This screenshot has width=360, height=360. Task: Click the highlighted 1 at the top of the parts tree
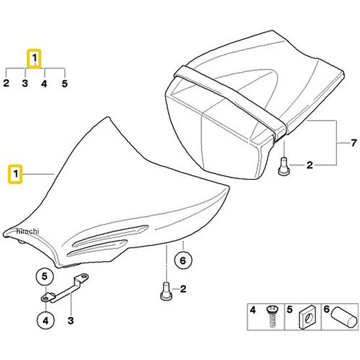(x=34, y=58)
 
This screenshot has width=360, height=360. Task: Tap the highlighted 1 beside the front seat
(x=16, y=174)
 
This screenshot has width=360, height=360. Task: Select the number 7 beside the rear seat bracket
(x=353, y=143)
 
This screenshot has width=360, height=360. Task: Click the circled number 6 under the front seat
(x=183, y=260)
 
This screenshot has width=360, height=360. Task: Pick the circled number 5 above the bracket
(x=45, y=277)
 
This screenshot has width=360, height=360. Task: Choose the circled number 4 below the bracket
(x=46, y=320)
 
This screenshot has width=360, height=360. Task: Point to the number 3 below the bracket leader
(x=71, y=320)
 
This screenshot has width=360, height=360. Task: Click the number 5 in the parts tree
(x=65, y=83)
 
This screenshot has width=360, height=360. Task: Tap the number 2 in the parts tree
(x=6, y=83)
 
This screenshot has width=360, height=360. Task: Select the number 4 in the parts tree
(x=44, y=83)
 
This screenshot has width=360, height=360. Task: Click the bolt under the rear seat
(x=284, y=166)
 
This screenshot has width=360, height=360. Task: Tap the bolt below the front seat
(x=166, y=291)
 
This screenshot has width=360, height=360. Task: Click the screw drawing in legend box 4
(x=272, y=316)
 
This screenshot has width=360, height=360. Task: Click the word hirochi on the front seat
(x=28, y=231)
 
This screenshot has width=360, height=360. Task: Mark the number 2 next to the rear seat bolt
(x=310, y=165)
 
